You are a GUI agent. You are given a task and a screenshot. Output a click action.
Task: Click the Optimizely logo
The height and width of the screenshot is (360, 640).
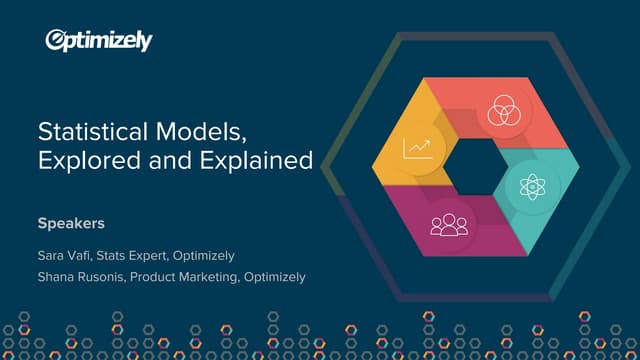click(99, 40)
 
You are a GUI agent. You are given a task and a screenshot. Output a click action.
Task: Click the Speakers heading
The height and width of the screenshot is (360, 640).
click(71, 223)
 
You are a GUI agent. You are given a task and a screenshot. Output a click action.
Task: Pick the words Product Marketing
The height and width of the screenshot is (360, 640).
click(185, 277)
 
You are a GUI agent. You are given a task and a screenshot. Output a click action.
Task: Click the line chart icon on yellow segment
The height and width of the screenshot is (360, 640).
click(417, 148)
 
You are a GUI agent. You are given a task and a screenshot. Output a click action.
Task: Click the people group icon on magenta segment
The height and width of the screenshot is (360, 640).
click(448, 221)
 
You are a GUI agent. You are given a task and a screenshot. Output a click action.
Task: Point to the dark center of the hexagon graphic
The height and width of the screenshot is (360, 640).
click(477, 167)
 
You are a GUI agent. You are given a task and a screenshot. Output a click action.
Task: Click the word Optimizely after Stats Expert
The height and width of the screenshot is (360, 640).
click(205, 255)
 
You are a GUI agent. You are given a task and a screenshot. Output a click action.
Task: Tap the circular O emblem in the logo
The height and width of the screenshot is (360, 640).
click(58, 40)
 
